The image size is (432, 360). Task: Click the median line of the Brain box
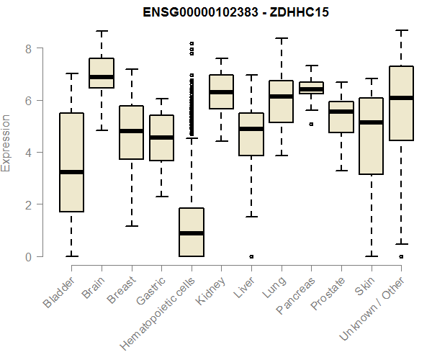[102, 77]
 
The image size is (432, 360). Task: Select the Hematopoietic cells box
[191, 232]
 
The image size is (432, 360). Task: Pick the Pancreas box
[311, 88]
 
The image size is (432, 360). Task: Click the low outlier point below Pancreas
[311, 124]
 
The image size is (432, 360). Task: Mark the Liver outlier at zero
[251, 256]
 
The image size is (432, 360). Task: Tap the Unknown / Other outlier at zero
[401, 256]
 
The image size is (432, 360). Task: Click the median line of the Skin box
[371, 122]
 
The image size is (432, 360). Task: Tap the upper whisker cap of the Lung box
[281, 38]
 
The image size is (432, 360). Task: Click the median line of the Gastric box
[161, 138]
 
